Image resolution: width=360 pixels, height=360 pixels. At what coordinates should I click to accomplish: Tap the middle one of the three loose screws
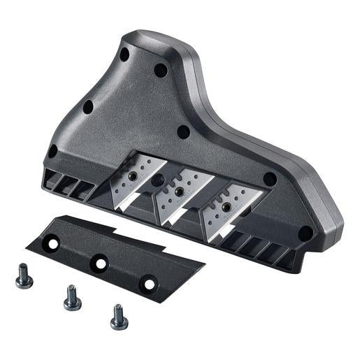coord(71,298)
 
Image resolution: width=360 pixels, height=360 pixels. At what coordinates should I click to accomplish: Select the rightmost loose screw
coord(118,317)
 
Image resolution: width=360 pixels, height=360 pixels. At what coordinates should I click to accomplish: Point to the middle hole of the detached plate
coord(101,264)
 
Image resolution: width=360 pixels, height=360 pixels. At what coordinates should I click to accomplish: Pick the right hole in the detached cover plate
coord(148,283)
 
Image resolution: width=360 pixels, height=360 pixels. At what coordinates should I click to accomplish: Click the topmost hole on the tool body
coord(124,54)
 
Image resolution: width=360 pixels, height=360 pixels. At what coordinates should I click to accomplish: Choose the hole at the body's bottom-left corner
coord(52,150)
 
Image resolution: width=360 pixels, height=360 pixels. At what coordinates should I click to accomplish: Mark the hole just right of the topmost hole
coord(160,70)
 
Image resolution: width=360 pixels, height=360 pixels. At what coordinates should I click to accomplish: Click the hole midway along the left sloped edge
coord(88,107)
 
